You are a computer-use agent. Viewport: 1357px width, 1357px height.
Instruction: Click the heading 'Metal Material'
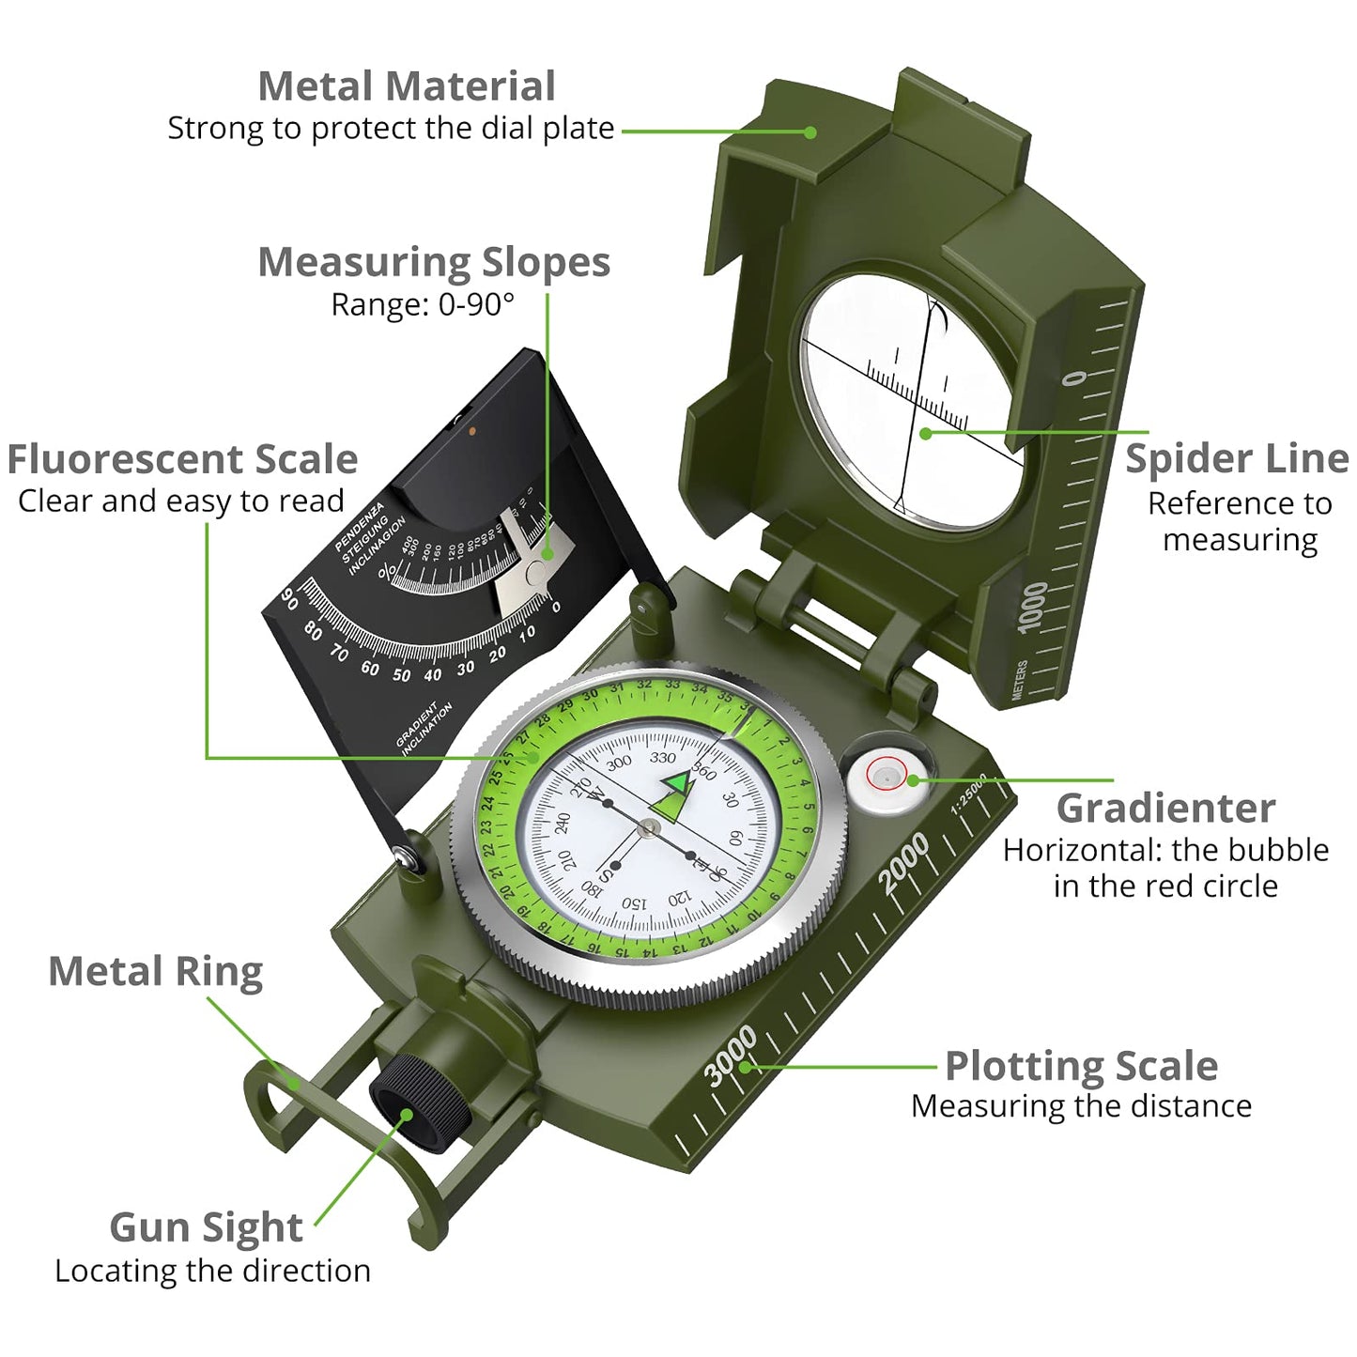point(406,86)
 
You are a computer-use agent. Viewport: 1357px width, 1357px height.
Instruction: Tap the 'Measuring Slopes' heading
point(433,262)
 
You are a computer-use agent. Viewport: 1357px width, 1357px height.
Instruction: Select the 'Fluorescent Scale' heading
point(182,460)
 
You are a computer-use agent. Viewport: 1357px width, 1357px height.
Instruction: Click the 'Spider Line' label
point(1236,459)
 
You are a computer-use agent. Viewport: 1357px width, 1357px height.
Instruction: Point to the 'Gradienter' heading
point(1164,808)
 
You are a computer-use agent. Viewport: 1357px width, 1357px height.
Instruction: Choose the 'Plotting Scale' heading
point(1080,1066)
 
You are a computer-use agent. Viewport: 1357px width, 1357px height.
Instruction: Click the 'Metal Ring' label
point(155,972)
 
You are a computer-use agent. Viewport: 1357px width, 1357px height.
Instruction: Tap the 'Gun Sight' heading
point(206,1227)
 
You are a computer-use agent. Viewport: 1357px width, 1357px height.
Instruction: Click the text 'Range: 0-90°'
point(423,305)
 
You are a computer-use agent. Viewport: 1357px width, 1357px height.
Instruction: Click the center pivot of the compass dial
point(649,827)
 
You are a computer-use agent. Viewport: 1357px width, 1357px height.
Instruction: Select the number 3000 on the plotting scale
point(731,1056)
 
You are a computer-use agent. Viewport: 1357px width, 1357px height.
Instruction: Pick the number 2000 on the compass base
point(903,862)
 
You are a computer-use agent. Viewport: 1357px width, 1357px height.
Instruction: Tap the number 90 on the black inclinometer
point(290,598)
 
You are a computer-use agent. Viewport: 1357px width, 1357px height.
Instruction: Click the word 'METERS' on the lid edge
point(1020,679)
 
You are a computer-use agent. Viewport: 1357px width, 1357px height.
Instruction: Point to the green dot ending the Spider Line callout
point(926,433)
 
